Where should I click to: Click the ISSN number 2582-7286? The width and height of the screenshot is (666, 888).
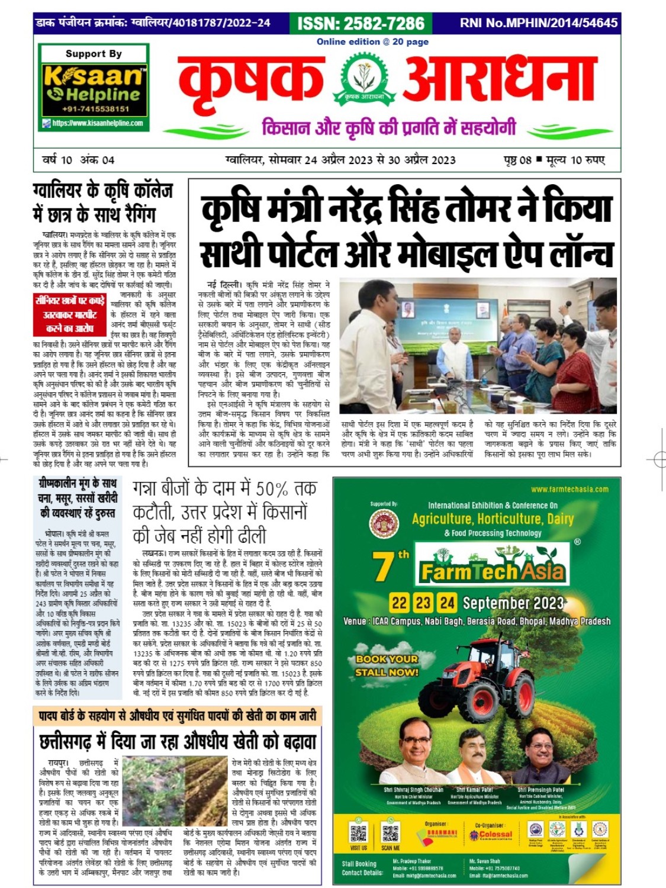pyautogui.click(x=361, y=23)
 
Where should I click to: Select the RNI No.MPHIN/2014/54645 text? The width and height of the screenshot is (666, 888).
pyautogui.click(x=538, y=23)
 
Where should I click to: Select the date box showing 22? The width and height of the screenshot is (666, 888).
pyautogui.click(x=399, y=603)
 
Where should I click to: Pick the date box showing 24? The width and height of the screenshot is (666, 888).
pyautogui.click(x=446, y=603)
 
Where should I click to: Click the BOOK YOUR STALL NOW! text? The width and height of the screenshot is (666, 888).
pyautogui.click(x=387, y=665)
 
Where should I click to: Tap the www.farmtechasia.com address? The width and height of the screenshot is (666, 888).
pyautogui.click(x=570, y=489)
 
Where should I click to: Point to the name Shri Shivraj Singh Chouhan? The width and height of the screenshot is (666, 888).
pyautogui.click(x=413, y=790)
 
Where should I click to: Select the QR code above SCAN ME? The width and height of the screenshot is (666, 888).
pyautogui.click(x=391, y=832)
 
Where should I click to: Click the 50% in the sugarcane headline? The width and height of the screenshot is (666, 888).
pyautogui.click(x=272, y=490)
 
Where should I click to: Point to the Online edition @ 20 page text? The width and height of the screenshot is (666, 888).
pyautogui.click(x=372, y=41)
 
